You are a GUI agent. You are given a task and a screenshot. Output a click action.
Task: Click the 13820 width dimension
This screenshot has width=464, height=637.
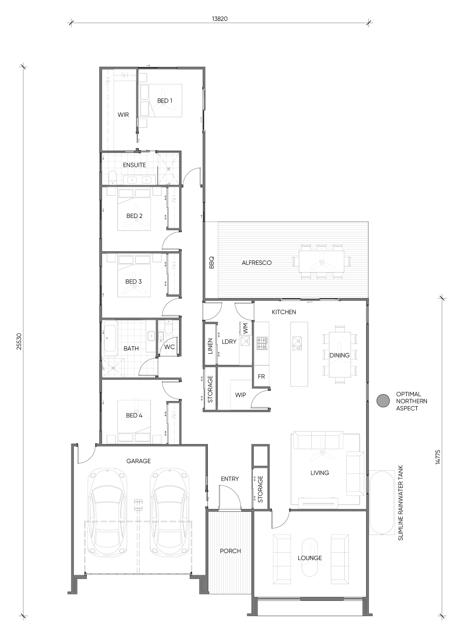point(220,19)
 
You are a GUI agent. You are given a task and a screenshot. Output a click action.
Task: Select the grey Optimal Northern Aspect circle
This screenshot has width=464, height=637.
point(383,401)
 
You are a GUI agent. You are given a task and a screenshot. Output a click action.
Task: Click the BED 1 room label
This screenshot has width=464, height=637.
point(165,101)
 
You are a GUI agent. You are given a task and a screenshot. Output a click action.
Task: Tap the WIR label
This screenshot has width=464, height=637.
point(123,115)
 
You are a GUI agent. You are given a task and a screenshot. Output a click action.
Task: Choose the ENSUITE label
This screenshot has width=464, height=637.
point(135,165)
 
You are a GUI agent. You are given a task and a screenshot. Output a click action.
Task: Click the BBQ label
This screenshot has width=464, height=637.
point(211,263)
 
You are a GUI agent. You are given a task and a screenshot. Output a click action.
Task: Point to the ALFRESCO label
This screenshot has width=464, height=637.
point(257,263)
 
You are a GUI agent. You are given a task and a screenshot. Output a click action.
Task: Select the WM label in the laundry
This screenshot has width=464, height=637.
point(245,329)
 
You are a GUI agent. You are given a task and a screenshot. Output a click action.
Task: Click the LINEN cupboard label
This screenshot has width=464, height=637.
point(210,346)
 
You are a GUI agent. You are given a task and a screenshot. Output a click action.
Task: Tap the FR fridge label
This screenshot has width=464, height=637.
point(261,376)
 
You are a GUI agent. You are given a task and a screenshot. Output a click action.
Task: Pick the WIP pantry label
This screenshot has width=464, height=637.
point(240,395)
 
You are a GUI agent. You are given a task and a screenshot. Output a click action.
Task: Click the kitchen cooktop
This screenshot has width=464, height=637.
point(263,343)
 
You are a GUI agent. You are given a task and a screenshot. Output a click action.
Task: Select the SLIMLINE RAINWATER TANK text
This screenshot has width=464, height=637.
point(400,503)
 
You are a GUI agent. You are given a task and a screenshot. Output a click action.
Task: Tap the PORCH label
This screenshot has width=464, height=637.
point(230,551)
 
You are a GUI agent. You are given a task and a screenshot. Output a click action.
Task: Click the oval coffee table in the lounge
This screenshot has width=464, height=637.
point(309,557)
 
